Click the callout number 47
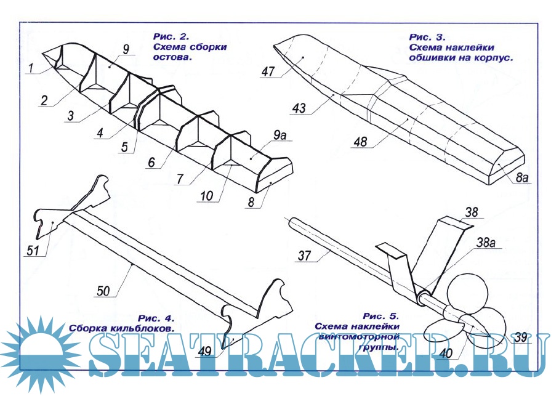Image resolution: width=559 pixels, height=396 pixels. (x=267, y=71)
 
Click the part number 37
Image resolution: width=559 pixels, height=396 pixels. (x=305, y=256)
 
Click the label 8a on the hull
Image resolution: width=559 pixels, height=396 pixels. (x=522, y=178)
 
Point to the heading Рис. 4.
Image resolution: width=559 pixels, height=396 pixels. (x=157, y=318)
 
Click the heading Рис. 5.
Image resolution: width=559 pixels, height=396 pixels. (x=381, y=315)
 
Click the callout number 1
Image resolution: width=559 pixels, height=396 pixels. (x=30, y=69)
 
